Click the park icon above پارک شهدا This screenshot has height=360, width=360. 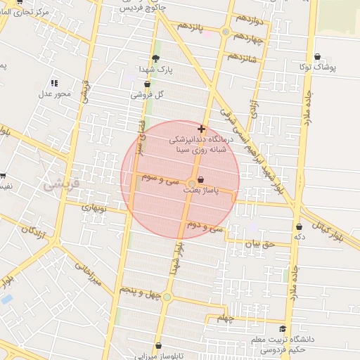(155, 58)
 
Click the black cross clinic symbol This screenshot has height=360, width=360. (202, 129)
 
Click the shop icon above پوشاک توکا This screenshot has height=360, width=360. (318, 56)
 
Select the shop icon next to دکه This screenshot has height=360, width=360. (300, 226)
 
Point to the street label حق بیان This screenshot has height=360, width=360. (257, 244)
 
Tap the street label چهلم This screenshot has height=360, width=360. (225, 319)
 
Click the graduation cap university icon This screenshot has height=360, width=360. (283, 328)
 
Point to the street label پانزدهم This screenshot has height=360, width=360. (190, 27)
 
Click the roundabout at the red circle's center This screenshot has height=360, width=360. (191, 184)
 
